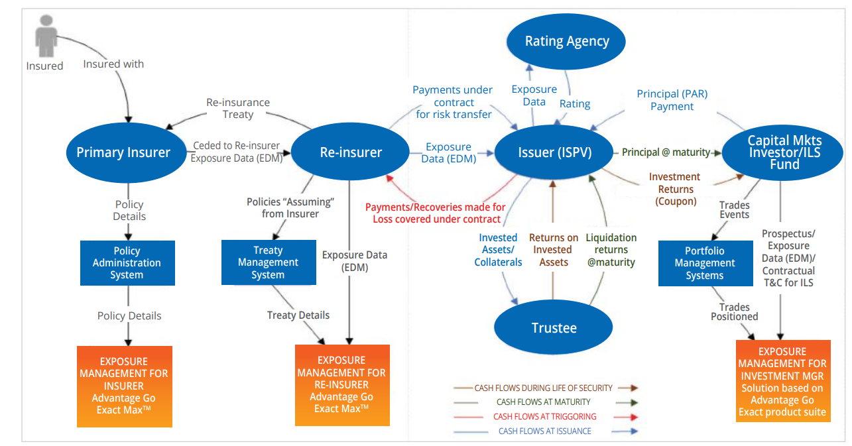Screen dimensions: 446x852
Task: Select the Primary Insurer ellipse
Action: pos(123,152)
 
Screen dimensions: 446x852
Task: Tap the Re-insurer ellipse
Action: pos(351,152)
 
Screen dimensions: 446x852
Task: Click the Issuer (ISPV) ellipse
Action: pos(554,152)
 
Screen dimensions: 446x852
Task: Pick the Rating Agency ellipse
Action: pos(567,42)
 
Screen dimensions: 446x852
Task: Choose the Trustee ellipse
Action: pos(554,327)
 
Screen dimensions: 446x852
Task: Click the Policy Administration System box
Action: pos(127,263)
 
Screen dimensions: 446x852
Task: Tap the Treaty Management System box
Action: pos(268,262)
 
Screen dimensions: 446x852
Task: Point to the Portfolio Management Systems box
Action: pos(705,263)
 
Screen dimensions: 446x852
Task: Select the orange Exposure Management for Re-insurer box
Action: pos(342,384)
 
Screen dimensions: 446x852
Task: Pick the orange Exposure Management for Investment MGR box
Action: pos(782,382)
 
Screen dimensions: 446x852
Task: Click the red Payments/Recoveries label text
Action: pos(435,213)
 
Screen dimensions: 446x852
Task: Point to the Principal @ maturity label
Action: pos(665,152)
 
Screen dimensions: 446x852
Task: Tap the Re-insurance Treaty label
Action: pos(238,108)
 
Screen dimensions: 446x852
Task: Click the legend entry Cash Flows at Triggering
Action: pos(544,417)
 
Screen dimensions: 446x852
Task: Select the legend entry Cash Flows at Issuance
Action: pos(544,431)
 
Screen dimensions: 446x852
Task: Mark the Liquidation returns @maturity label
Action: pos(611,250)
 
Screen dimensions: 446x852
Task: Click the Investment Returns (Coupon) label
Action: pos(674,189)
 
